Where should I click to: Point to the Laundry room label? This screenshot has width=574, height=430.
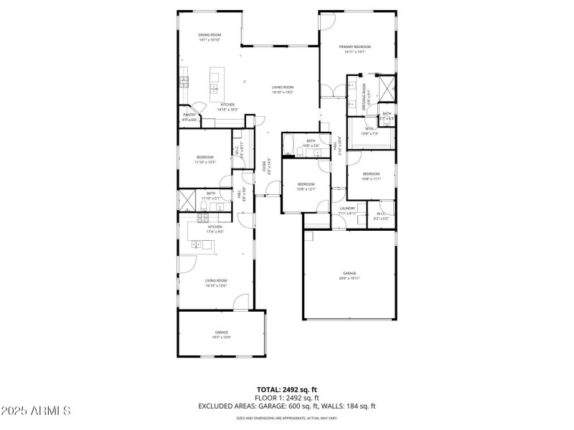(347, 209)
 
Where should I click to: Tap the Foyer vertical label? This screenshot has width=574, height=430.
(269, 166)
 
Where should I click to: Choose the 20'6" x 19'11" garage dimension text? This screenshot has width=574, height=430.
(349, 278)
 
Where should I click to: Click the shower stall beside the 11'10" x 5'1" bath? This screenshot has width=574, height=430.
(187, 199)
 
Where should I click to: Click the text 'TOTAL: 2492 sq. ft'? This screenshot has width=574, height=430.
(287, 390)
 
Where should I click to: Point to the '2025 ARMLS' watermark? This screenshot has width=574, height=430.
(36, 411)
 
